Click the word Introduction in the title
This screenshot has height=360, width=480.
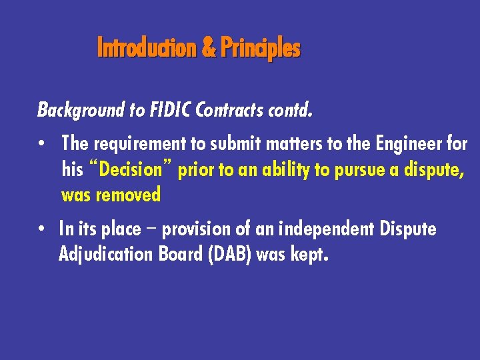[x=147, y=48]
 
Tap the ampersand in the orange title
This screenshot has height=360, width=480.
[x=208, y=48]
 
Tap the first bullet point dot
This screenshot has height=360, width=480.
[x=41, y=144]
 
